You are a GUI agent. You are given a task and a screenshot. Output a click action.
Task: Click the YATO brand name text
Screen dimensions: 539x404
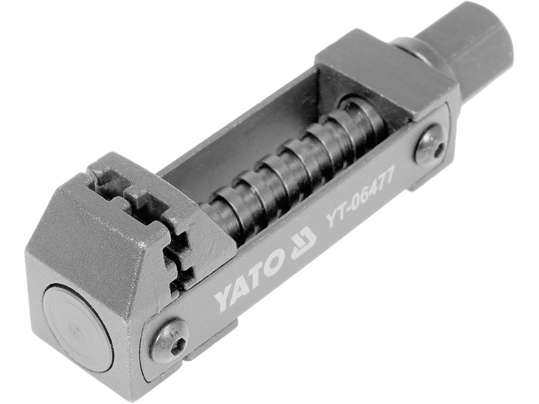click(x=249, y=280)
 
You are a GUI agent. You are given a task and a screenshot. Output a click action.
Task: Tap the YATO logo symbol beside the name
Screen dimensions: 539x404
click(x=303, y=242)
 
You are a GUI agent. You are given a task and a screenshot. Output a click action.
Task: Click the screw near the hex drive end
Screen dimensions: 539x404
click(x=430, y=145)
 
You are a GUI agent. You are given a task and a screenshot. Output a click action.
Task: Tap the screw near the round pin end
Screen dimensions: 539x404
click(x=170, y=341)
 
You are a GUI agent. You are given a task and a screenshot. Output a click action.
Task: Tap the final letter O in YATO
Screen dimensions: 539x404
click(x=273, y=263)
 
